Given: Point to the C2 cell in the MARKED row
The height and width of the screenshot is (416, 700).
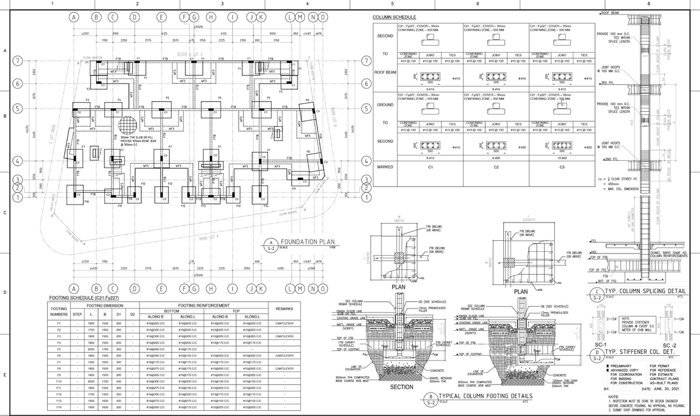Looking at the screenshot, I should pyautogui.click(x=494, y=168).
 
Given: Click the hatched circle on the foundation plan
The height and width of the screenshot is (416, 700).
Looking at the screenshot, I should pyautogui.click(x=128, y=126).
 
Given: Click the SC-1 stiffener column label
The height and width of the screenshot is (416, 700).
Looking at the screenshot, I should pyautogui.click(x=596, y=345).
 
